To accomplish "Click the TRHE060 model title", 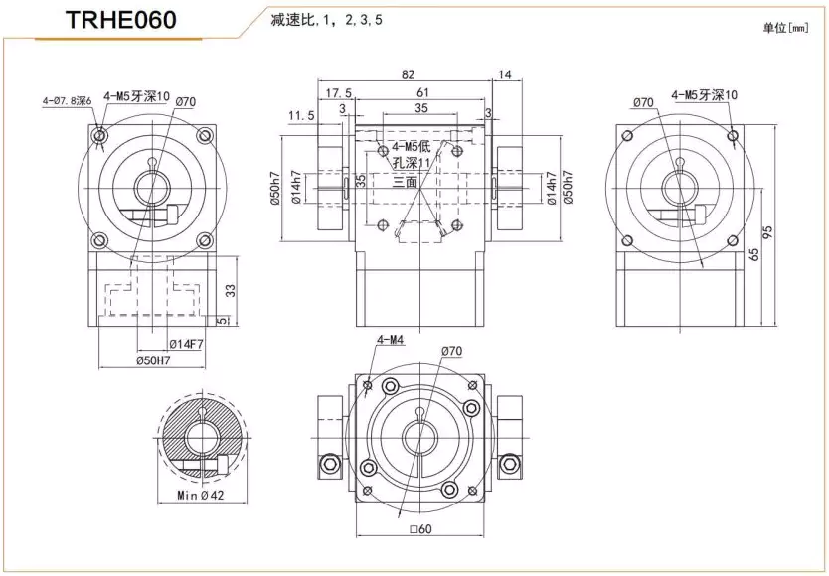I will tap(121, 21).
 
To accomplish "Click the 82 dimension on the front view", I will tap(409, 74).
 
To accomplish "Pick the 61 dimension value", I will tap(422, 93).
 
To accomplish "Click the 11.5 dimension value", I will tap(301, 116).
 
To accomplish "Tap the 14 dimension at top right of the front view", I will tap(504, 74).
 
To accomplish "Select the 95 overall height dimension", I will tap(767, 231).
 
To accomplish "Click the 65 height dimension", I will tap(754, 254).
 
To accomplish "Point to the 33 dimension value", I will tap(232, 290).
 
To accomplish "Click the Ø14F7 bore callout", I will tap(186, 344).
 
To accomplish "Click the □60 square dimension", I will tap(422, 528).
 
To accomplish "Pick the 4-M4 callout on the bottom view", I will tap(390, 340).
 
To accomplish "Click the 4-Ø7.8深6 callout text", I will tap(67, 100).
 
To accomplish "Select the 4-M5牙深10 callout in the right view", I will tap(705, 95).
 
